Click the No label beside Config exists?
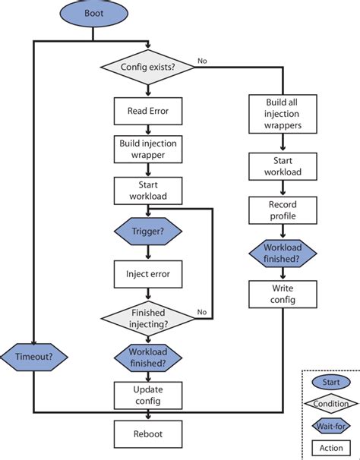[x=202, y=60]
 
